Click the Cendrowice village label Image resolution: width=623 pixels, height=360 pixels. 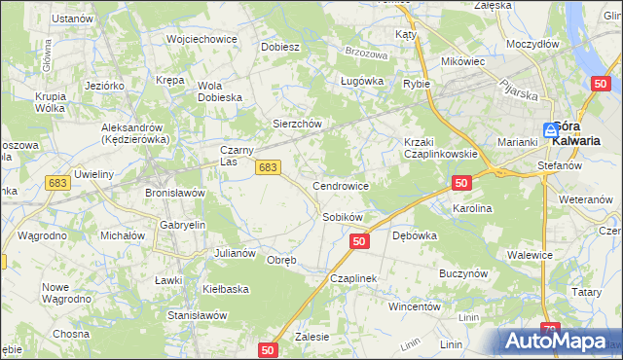[340, 185]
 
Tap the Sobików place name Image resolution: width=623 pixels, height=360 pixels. [343, 217]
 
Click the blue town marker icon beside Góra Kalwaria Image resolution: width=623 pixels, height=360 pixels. [551, 128]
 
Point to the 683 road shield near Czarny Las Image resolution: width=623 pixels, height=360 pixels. [270, 168]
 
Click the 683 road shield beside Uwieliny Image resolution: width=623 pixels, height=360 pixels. [57, 183]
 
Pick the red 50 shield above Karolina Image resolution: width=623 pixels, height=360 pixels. [461, 183]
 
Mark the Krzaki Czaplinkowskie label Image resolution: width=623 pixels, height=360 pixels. [440, 148]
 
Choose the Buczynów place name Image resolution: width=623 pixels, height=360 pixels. [462, 274]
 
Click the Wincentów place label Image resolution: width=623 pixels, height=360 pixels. [416, 306]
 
